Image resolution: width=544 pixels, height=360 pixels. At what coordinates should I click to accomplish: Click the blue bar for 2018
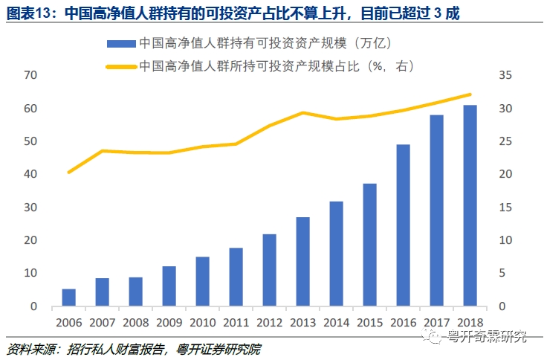click(470, 205)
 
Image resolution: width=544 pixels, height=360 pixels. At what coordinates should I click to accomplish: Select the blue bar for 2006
click(68, 297)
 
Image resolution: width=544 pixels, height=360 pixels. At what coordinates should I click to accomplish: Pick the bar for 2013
click(302, 261)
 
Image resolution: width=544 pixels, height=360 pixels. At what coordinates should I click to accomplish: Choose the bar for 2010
click(202, 281)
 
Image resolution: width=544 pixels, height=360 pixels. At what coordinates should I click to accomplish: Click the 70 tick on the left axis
click(30, 75)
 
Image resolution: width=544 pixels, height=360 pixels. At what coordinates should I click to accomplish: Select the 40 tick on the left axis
click(30, 174)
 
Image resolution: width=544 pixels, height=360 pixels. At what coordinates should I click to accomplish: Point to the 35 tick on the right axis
click(506, 75)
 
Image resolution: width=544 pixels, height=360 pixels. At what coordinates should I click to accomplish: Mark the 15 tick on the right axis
click(506, 207)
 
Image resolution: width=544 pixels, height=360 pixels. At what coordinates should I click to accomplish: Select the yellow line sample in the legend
click(121, 66)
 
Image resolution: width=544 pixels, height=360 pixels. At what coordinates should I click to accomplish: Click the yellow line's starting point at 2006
click(68, 172)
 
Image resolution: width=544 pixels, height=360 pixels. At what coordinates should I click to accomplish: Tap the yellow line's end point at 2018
click(470, 94)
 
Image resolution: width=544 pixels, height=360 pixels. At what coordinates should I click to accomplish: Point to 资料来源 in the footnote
click(31, 347)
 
